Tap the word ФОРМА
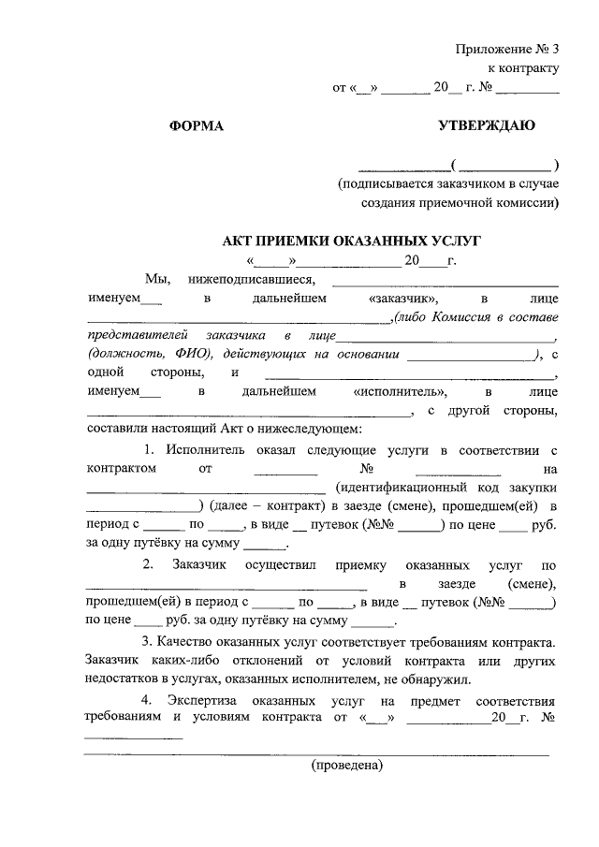[197, 125]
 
